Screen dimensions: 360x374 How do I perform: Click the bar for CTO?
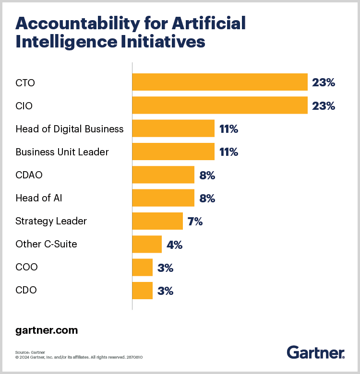(x=220, y=82)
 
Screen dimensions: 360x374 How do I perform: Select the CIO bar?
(x=220, y=105)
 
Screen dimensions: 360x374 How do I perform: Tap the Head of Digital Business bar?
(x=173, y=129)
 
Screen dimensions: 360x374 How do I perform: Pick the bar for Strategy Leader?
(x=157, y=221)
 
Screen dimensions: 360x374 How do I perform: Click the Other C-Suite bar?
(x=147, y=244)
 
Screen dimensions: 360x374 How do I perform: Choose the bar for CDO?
(x=142, y=290)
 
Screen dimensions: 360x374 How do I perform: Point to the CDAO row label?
(x=29, y=175)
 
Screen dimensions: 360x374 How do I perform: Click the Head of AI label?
(x=39, y=198)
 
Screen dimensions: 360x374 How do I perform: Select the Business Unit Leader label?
(x=62, y=152)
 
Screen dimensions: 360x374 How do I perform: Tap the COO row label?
(x=26, y=267)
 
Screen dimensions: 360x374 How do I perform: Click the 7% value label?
(x=195, y=222)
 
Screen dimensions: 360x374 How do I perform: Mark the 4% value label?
(x=175, y=245)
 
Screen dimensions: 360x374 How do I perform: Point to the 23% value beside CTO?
(x=324, y=82)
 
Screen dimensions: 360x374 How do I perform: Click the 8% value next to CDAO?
(x=207, y=175)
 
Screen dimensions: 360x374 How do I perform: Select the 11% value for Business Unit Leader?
(x=228, y=152)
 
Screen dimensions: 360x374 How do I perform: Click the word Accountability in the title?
(x=78, y=24)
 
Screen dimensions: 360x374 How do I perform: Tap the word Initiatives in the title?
(x=163, y=42)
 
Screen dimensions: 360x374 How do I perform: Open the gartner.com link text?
(x=47, y=330)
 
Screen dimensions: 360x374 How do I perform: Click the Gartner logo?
(x=315, y=352)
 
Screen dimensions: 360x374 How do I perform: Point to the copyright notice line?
(x=79, y=357)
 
